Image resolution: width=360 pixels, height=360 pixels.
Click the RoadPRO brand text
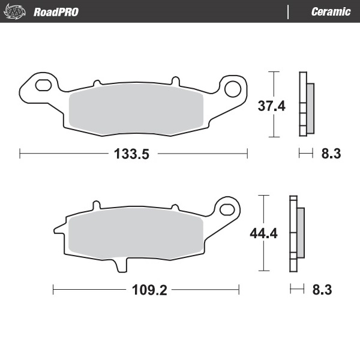point(56,11)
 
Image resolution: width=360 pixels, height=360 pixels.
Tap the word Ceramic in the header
point(331,11)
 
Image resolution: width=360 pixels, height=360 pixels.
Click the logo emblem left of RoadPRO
point(17,11)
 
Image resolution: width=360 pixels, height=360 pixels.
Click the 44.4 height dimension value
point(263,233)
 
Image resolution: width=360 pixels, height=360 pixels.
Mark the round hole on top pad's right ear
point(232,89)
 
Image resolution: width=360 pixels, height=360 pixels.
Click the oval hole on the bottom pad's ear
point(227,209)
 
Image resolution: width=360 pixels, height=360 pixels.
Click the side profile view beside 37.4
point(306,105)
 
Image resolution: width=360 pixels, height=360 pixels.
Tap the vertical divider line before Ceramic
point(289,11)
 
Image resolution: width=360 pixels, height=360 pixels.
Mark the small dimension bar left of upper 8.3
point(306,154)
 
